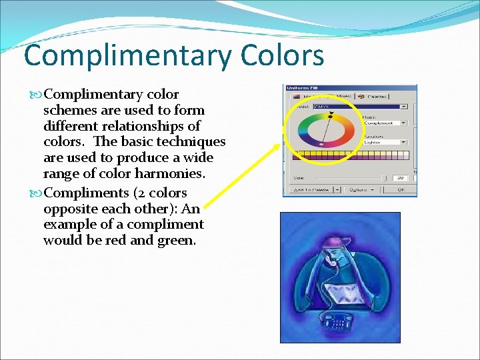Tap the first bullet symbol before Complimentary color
pos(37,95)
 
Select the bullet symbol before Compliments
pos(37,193)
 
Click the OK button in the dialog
pos(400,189)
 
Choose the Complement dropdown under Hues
pos(384,123)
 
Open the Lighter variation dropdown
pos(384,142)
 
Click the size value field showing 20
pos(400,178)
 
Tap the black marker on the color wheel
pos(331,115)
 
